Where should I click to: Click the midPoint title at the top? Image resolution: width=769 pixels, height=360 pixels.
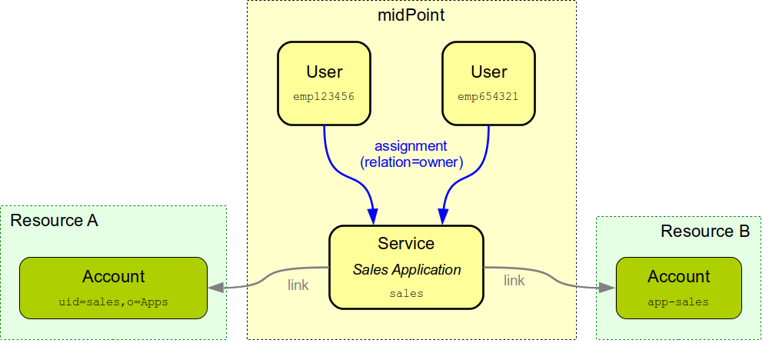pos(411,15)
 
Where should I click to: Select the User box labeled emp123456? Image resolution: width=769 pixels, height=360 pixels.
pos(324,83)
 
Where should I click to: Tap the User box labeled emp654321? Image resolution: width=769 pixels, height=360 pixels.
pos(488,83)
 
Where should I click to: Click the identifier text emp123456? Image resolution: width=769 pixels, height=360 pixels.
pos(324,97)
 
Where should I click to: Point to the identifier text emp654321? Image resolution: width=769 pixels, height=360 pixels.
pos(488,97)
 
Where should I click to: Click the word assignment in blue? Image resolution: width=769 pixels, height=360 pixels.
pos(411,145)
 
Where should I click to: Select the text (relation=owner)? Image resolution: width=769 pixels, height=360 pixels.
pos(411,162)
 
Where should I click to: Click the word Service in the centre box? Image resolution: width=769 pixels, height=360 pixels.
pos(406,244)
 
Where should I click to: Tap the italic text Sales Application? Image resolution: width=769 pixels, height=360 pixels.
pos(406,270)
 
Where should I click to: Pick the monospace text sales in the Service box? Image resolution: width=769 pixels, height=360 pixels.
pos(406,293)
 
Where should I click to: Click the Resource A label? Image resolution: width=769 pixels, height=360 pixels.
pos(54,221)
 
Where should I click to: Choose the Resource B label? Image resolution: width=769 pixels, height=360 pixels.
pos(704,232)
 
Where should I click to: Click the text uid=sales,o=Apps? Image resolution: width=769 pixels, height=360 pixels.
pos(113,302)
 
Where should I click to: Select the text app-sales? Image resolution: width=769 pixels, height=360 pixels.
pos(679,302)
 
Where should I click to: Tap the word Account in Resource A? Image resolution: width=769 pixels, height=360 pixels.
pos(113,277)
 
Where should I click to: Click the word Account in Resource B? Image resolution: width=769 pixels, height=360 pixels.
pos(679,277)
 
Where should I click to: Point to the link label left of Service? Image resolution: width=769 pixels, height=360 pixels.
pos(298,285)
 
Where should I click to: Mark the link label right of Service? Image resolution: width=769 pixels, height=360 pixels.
pos(514,281)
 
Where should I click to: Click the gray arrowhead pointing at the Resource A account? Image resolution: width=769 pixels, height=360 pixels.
pos(215,287)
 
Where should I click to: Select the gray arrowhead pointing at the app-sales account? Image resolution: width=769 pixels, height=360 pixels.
pos(609,288)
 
